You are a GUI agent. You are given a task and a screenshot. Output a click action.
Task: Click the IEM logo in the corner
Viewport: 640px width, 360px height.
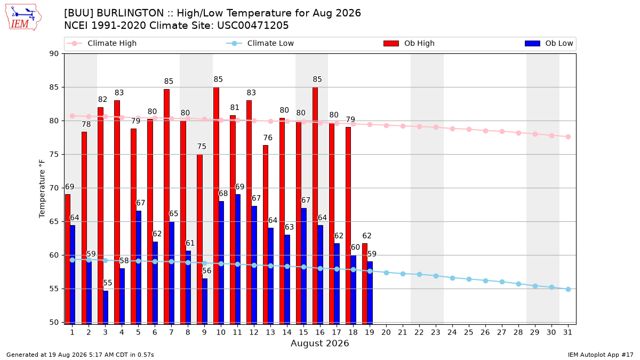23,18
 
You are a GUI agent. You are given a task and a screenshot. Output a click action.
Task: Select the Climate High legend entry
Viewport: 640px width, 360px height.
101,43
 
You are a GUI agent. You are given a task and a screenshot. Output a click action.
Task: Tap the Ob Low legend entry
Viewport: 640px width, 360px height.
549,43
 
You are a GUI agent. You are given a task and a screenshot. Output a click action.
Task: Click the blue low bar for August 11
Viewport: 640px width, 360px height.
238,259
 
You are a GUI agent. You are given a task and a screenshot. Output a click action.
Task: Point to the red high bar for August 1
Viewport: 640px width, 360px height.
68,259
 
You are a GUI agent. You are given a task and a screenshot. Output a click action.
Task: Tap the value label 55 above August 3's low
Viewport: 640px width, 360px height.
107,283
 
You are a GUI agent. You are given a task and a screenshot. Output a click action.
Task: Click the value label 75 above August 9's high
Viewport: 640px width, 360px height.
202,147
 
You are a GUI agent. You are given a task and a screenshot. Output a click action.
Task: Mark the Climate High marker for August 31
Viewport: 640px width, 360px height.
569,137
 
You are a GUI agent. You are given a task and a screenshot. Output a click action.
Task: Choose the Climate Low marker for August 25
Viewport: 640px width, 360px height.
469,279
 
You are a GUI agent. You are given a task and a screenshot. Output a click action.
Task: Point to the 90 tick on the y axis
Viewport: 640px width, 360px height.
54,54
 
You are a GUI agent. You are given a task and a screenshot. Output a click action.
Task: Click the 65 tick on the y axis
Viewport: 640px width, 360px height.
54,222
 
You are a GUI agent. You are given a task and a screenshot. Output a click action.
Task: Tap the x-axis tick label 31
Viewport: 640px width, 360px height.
568,332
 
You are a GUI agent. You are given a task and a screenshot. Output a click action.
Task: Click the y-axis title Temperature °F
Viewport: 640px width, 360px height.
42,189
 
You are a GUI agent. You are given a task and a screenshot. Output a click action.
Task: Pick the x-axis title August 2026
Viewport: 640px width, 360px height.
320,343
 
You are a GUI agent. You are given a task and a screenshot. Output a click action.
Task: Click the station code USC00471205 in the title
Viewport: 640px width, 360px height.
253,26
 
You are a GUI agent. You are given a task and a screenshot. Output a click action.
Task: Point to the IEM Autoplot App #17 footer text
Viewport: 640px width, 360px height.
601,355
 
